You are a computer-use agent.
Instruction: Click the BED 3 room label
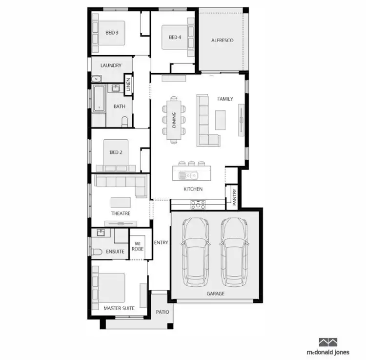click(112, 33)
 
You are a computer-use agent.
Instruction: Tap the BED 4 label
click(175, 37)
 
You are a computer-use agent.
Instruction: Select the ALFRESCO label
click(222, 40)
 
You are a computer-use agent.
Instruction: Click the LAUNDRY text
click(110, 65)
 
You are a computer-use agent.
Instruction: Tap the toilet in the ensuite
click(96, 252)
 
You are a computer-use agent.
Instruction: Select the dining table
click(174, 121)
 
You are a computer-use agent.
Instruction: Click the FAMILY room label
click(225, 99)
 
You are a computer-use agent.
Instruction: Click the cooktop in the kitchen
click(198, 204)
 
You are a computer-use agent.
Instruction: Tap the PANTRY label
click(234, 198)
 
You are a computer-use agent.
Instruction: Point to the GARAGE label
click(215, 294)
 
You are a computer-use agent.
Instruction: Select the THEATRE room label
click(121, 213)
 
